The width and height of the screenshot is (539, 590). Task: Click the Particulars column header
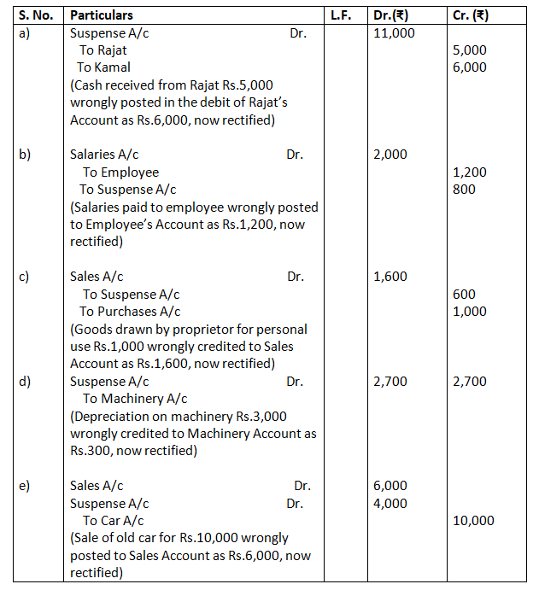click(102, 15)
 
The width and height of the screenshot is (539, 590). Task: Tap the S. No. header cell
click(36, 15)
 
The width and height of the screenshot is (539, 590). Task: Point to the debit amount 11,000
click(394, 32)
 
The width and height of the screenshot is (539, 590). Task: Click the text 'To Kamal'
click(103, 67)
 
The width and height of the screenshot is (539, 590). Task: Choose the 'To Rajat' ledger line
click(103, 50)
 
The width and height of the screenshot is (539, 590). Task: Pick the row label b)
click(26, 155)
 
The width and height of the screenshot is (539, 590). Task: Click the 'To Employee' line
click(120, 172)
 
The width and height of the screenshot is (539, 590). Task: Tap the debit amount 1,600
click(390, 277)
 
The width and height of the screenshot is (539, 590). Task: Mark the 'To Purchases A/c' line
click(130, 312)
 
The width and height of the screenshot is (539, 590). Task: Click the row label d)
click(26, 382)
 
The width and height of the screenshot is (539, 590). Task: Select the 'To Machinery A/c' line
click(135, 399)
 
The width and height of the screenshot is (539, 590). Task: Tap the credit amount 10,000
click(472, 521)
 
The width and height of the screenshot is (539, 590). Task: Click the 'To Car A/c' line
click(113, 521)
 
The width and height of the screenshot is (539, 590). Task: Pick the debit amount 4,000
click(390, 504)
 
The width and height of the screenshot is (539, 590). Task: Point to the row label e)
click(26, 486)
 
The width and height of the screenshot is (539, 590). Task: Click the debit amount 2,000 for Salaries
click(390, 155)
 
